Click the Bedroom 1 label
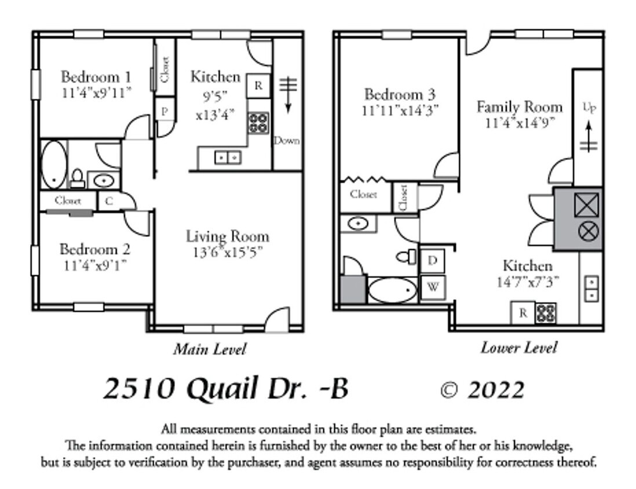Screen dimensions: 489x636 pos(96,77)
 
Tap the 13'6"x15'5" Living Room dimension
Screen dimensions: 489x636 pos(228,253)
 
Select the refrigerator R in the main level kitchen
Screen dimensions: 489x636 pos(258,86)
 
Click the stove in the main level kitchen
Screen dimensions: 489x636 pos(258,123)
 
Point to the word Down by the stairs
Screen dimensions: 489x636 pos(287,140)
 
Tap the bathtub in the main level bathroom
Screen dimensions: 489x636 pos(54,165)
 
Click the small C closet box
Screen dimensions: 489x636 pos(109,202)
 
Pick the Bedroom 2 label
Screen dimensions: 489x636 pos(95,250)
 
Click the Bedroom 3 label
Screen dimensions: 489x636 pos(400,94)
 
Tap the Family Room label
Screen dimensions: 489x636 pos(519,107)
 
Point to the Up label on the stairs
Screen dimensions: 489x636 pos(589,108)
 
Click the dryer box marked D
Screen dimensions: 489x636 pos(432,261)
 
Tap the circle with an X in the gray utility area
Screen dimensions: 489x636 pos(589,232)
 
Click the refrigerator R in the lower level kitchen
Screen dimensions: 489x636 pos(523,313)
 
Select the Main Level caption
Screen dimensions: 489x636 pos(210,349)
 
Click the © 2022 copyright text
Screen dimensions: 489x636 pos(482,390)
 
